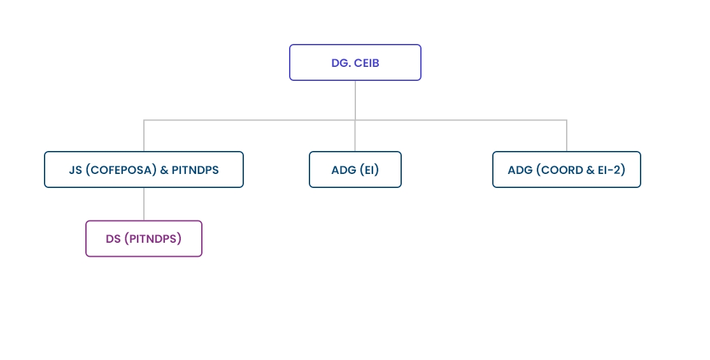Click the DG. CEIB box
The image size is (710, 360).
coord(355,62)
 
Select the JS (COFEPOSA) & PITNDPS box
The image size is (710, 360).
coord(143,169)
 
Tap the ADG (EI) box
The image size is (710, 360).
coord(355,169)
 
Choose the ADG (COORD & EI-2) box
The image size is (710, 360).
coord(566,169)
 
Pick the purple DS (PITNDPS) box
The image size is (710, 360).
coord(143,239)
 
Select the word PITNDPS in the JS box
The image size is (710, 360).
coord(195,170)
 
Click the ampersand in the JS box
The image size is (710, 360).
coord(164,170)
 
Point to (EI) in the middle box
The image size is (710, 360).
coord(369,170)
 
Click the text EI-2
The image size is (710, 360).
coord(611,170)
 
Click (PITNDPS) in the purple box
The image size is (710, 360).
coord(153,239)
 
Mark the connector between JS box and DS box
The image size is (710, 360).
coord(144,204)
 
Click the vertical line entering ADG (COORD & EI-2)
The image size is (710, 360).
coord(566,136)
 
